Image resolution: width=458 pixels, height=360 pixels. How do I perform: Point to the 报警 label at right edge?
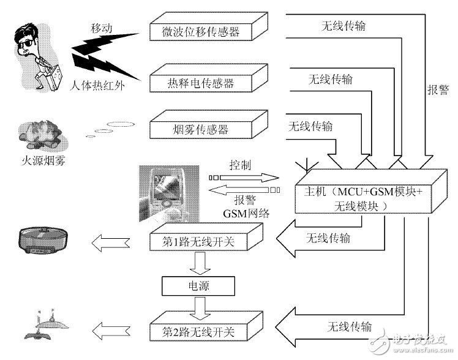(436, 89)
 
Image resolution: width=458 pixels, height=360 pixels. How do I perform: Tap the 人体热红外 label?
(97, 86)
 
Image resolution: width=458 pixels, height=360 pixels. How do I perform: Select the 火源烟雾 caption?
(41, 162)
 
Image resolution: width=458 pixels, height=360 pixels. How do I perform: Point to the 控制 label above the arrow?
(239, 166)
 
